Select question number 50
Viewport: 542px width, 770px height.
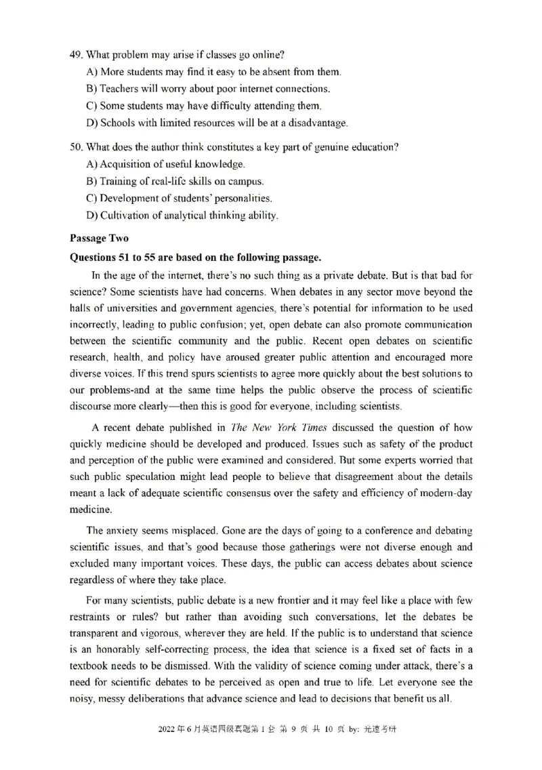click(76, 147)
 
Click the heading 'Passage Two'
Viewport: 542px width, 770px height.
click(98, 239)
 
